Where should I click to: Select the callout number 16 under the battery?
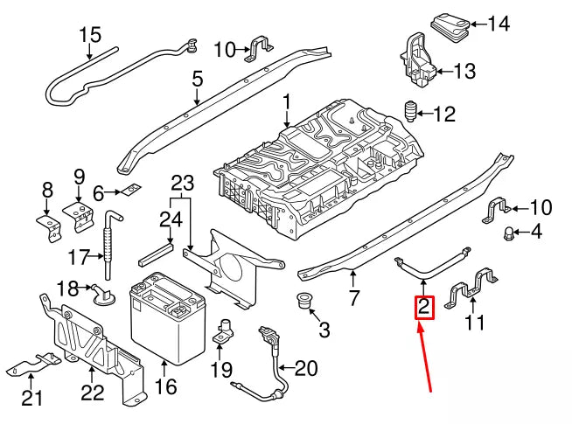coord(164,386)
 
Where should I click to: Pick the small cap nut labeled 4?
coord(506,233)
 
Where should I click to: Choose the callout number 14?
coord(498,24)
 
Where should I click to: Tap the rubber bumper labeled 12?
coord(408,111)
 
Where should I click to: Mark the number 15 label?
coord(90,36)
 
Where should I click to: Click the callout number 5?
coord(198,80)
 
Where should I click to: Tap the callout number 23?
coord(180,184)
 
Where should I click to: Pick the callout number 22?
coord(93,393)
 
